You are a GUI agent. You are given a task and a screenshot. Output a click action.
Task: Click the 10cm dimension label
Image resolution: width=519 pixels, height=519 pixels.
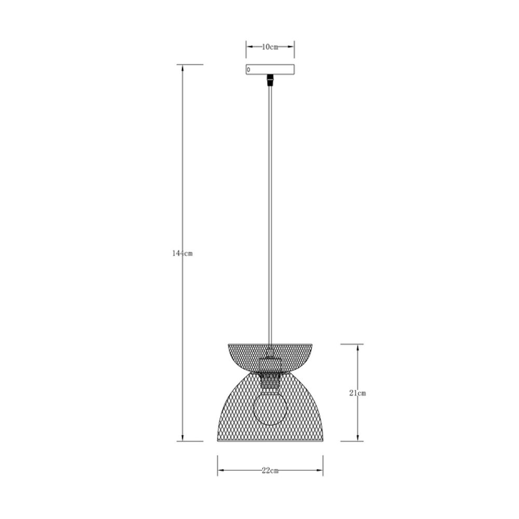coord(270,47)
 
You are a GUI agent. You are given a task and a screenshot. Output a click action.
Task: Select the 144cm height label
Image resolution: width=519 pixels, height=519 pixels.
coord(182,253)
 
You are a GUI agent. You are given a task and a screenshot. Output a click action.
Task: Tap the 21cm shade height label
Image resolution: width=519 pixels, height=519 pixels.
coord(358,393)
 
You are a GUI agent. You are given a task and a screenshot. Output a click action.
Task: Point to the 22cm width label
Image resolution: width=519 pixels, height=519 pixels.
coord(270,471)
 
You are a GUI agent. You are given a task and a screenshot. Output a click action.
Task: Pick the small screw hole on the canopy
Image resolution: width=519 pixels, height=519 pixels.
coord(249,69)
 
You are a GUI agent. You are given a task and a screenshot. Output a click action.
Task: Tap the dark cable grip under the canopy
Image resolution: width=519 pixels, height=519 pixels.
coord(269,81)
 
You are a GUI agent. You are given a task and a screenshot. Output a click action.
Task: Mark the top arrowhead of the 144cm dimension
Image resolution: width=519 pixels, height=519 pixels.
coord(182,68)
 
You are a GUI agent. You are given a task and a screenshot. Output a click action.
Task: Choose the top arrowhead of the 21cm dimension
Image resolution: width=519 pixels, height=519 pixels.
coord(358,347)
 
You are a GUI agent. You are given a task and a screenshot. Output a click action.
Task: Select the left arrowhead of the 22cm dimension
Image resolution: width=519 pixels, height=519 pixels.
coord(221,470)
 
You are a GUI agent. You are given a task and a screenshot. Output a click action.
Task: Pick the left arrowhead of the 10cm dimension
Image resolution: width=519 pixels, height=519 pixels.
coord(249,47)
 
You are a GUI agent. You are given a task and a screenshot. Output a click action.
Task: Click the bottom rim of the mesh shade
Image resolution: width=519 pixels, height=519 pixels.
coord(270,441)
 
